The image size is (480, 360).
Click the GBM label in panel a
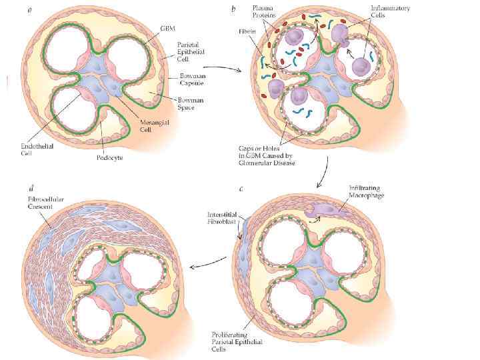(168, 28)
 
